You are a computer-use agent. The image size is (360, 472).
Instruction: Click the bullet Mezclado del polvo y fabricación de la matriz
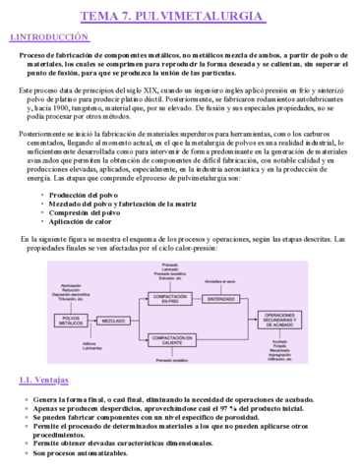click(x=111, y=206)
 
